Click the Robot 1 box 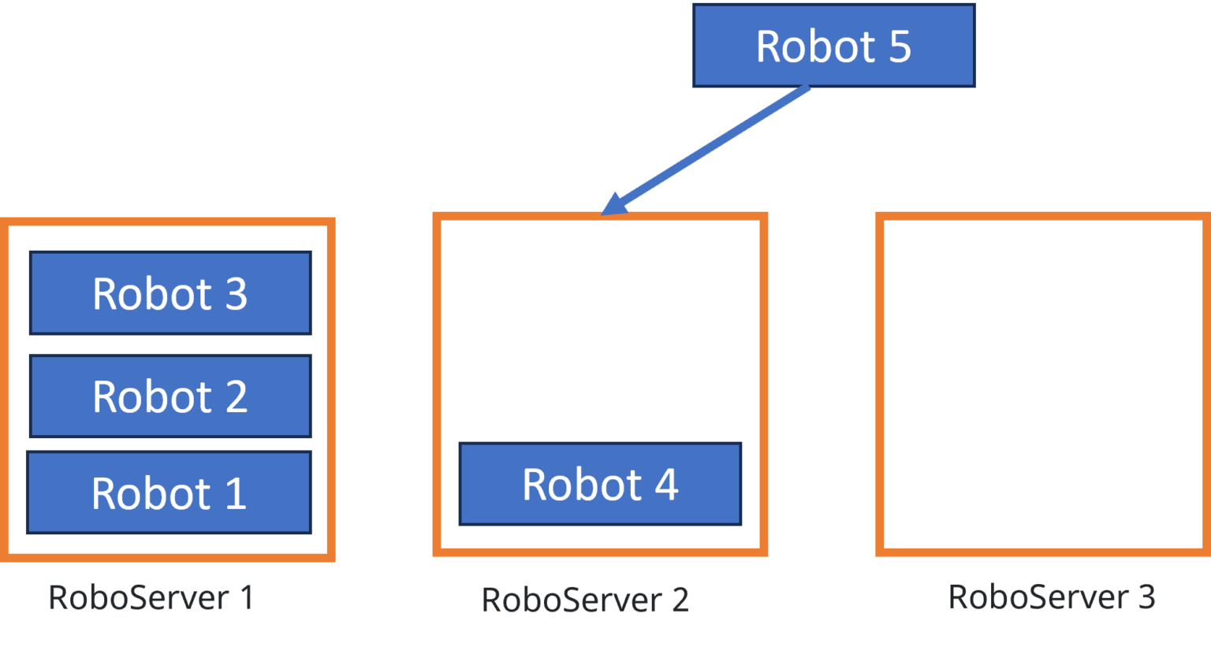tap(169, 493)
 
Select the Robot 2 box tap(170, 396)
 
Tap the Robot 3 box tap(170, 293)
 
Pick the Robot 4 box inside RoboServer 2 tap(600, 484)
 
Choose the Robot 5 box tap(833, 46)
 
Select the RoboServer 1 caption tap(151, 597)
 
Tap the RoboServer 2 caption tap(585, 600)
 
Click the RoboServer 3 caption tap(1051, 597)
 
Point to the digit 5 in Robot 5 tap(900, 46)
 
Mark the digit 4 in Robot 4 tap(667, 485)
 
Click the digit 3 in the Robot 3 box tap(237, 294)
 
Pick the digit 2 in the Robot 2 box tap(237, 396)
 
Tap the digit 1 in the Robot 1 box tap(237, 494)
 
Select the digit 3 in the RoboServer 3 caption tap(1147, 597)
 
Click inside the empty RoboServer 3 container tap(1043, 384)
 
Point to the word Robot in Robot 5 tap(815, 46)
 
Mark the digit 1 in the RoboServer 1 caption tap(247, 597)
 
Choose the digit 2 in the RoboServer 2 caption tap(680, 600)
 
